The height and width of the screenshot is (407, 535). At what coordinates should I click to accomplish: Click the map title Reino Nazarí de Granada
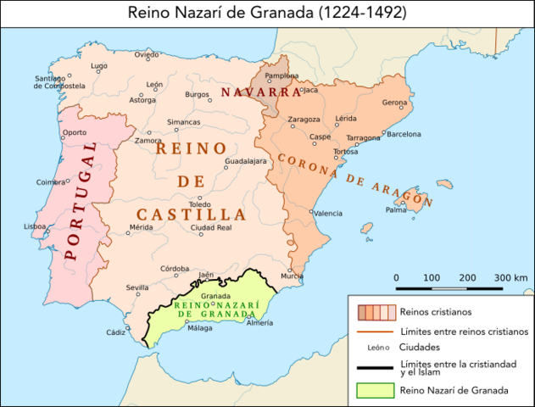point(267,13)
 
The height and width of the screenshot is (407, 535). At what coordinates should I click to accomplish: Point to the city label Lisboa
point(35,226)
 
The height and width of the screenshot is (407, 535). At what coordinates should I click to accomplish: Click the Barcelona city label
point(404,134)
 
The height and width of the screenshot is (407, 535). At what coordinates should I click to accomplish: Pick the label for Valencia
point(328,214)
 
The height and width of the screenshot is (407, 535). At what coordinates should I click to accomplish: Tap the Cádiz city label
point(115,332)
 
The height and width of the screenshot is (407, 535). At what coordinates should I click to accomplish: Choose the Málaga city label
point(200,328)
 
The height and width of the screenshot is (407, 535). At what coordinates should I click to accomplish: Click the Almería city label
point(259,334)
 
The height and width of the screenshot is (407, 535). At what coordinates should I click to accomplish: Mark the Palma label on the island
point(396,209)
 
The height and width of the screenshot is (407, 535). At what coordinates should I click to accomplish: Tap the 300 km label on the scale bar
point(510,278)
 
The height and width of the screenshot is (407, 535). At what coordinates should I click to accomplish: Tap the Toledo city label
point(200,204)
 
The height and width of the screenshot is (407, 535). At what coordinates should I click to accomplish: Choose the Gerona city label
point(395,103)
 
